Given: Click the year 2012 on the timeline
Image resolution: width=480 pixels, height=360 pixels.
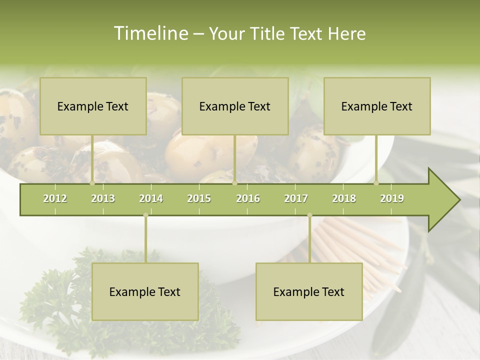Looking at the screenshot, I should [55, 198].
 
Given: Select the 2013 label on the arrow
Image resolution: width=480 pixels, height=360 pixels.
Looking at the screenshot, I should [103, 198].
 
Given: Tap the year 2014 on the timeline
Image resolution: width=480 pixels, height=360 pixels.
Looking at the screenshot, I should [151, 198].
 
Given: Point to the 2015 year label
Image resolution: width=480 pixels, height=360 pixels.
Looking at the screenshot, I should [199, 198].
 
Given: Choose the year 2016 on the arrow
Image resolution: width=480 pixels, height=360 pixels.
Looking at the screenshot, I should [248, 198].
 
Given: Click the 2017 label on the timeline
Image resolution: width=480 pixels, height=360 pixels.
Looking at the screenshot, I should [296, 198].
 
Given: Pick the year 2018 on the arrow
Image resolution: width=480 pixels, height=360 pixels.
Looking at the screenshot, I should [344, 198].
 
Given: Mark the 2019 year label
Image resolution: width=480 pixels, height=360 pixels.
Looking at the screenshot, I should [392, 198].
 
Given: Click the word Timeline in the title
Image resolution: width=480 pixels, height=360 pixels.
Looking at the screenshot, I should [149, 33].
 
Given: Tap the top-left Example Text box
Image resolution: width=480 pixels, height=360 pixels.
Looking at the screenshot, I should [93, 106].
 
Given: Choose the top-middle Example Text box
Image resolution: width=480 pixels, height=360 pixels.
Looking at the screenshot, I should [235, 106].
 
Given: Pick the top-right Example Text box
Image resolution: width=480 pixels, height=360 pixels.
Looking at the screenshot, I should [377, 106].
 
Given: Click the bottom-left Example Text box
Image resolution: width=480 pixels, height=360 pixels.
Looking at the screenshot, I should [145, 291].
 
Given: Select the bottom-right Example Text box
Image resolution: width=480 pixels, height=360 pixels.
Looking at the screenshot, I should [309, 291].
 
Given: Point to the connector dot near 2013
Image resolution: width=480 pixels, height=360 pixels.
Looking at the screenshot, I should [92, 183].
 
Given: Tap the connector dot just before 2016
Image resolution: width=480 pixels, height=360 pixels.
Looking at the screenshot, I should [234, 183].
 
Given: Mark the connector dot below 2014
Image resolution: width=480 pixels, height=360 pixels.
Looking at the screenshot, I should [145, 215].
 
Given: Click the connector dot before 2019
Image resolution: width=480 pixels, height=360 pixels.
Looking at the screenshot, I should [376, 183].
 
